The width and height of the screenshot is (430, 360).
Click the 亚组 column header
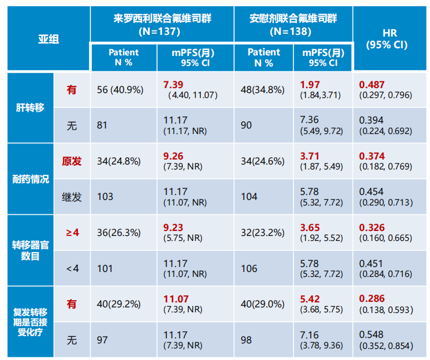(x=49, y=39)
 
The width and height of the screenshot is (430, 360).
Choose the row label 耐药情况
(x=30, y=179)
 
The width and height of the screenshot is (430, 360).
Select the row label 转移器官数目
(x=30, y=250)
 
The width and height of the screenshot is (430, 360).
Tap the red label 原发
(x=72, y=161)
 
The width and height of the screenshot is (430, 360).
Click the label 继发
(x=72, y=197)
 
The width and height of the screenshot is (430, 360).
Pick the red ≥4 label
(x=72, y=233)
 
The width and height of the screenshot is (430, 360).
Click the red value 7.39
(x=173, y=84)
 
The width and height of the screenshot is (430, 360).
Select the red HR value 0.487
(x=372, y=84)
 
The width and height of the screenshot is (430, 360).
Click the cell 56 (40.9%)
(x=120, y=90)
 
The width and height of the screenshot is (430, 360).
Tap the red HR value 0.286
(x=372, y=299)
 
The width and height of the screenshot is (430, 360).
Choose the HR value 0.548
(x=372, y=335)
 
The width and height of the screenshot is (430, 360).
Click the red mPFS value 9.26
(x=173, y=156)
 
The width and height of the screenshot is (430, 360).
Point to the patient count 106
(x=249, y=269)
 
